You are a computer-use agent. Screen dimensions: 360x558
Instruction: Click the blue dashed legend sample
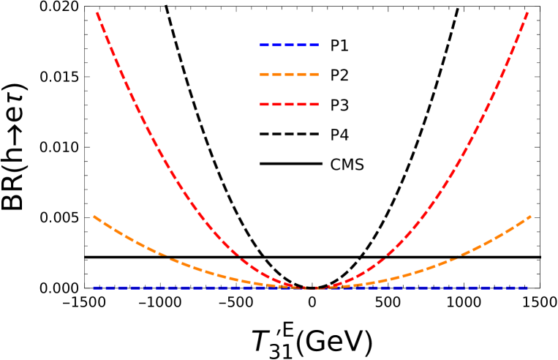click(x=289, y=45)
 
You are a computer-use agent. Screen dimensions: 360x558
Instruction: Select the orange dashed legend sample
click(x=289, y=74)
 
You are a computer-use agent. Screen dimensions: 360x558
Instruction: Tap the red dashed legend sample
click(x=289, y=104)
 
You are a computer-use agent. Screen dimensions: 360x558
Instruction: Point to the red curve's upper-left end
click(x=97, y=12)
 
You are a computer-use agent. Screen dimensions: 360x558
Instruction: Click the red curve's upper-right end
click(x=527, y=12)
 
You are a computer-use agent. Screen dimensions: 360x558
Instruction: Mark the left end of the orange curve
click(x=94, y=217)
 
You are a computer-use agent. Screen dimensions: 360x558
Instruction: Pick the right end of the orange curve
click(x=529, y=217)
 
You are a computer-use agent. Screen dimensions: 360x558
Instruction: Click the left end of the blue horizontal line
click(x=94, y=288)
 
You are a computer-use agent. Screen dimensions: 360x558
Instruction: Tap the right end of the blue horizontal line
click(x=527, y=288)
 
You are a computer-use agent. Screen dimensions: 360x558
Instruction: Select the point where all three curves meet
click(x=312, y=288)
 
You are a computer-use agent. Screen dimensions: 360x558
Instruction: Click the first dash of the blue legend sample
click(x=265, y=45)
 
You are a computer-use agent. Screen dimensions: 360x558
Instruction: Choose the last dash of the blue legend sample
click(x=314, y=45)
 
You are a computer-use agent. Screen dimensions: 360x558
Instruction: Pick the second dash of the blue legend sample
click(x=277, y=45)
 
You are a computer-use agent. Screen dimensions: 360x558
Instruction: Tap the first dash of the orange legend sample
click(x=265, y=74)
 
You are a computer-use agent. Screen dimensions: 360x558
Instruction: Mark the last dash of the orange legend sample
click(x=314, y=74)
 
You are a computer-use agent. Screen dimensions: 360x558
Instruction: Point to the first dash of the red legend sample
click(x=265, y=104)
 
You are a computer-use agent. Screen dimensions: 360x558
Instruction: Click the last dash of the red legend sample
click(x=314, y=104)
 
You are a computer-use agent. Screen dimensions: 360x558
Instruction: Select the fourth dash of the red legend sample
click(x=301, y=104)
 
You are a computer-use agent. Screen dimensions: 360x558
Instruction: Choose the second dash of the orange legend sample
click(x=277, y=74)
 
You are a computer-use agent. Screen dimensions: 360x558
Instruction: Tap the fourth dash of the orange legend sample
click(x=301, y=74)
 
